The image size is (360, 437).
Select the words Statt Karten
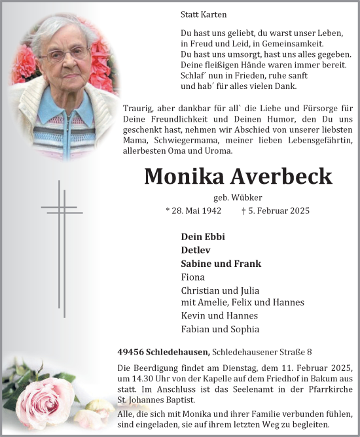point(203,14)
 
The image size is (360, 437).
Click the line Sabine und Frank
point(221,264)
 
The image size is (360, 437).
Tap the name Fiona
point(194,277)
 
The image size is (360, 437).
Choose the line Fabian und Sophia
point(219,329)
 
